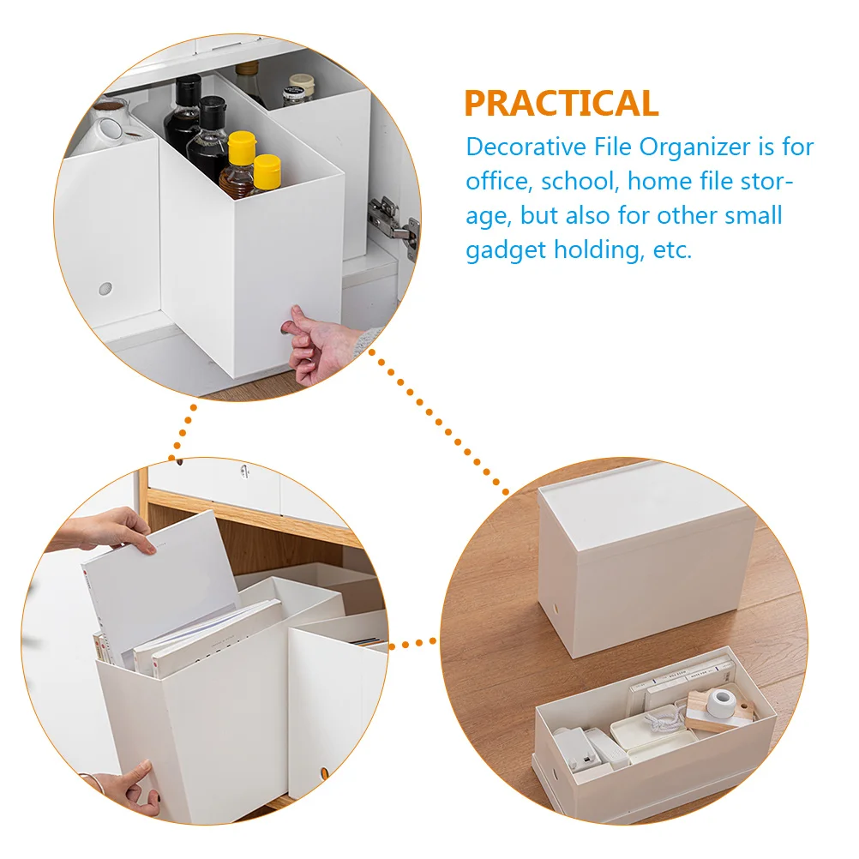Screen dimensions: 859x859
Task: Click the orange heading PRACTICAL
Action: [x=562, y=103]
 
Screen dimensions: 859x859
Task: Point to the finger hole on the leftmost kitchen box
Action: [x=105, y=290]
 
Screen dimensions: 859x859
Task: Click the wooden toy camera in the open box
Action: [x=720, y=710]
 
